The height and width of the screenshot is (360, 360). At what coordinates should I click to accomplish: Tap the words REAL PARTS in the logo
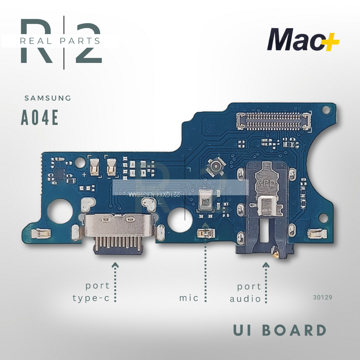pos(60,41)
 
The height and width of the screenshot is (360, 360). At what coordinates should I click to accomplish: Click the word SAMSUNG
pos(48,98)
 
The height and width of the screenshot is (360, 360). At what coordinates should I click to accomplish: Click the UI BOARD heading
pos(280,330)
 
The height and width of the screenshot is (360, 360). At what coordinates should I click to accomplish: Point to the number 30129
pos(322,297)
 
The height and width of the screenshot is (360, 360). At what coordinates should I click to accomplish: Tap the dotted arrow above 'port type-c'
pos(115,281)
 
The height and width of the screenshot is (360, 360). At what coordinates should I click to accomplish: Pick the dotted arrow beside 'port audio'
pos(266,281)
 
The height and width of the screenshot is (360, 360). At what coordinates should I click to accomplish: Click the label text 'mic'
pos(189,298)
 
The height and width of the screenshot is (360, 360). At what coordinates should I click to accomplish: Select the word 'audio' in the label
pos(245,299)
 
